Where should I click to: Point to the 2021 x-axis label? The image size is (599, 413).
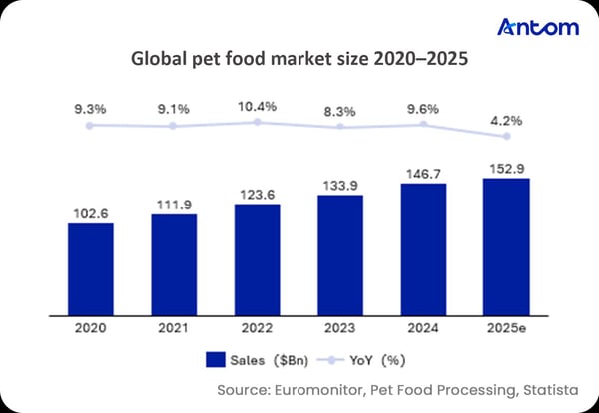click(174, 324)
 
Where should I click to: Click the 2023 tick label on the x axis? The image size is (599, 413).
click(340, 324)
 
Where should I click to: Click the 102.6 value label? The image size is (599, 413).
click(91, 211)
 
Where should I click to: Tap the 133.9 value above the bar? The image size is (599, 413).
click(340, 185)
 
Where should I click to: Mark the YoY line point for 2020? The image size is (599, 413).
click(90, 125)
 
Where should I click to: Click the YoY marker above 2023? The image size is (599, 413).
click(340, 127)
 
